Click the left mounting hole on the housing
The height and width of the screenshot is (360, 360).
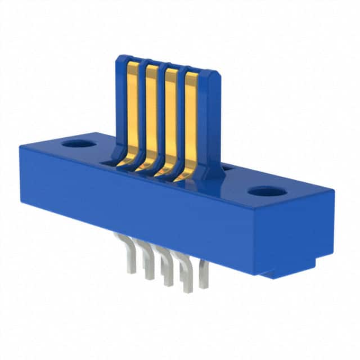point(79,143)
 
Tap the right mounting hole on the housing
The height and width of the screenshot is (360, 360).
point(267,191)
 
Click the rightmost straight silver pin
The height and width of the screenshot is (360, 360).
point(204,276)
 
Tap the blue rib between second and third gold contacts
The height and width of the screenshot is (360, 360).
point(161,115)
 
